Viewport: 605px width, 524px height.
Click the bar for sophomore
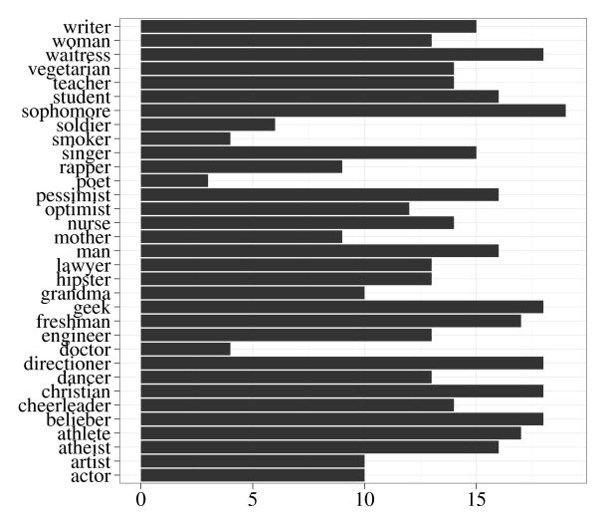pos(353,110)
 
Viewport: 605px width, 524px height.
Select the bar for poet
pos(174,180)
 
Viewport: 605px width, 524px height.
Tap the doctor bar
pos(185,349)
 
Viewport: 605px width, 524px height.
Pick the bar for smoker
pos(185,138)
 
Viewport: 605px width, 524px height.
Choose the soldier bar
pos(208,125)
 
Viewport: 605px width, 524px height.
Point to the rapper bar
pos(242,166)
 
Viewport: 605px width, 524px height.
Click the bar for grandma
pos(253,293)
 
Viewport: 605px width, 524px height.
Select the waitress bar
pos(342,54)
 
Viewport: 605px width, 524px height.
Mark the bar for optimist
pos(275,208)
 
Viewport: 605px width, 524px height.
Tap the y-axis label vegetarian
pos(77,69)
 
